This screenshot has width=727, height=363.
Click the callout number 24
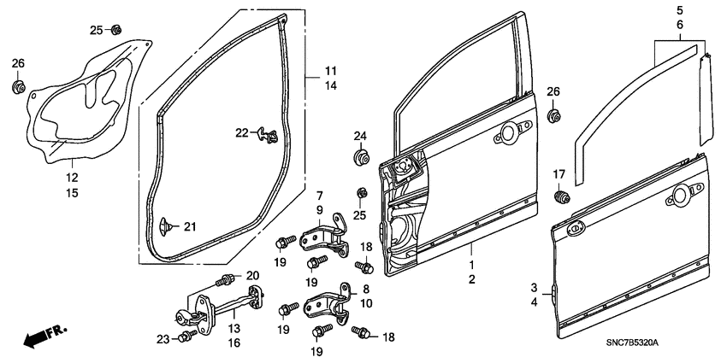point(360,136)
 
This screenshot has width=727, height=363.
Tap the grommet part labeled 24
point(360,158)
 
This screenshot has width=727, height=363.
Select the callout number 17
point(559,175)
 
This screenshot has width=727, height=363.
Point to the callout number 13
point(233,328)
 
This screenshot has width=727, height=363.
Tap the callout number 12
point(73,178)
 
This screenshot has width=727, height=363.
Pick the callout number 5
point(680,11)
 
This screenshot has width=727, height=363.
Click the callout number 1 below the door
point(470,266)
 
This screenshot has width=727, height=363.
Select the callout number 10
point(365,302)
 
